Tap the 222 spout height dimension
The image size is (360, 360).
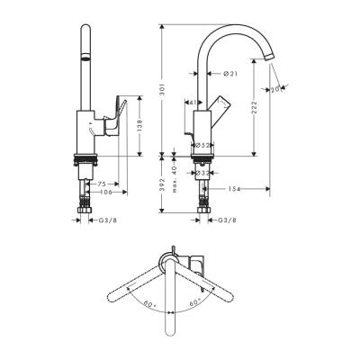coord(258,108)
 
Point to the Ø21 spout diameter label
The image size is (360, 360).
coord(229,74)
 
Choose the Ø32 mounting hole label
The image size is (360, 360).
coord(204,174)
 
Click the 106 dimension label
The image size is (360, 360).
coord(106,191)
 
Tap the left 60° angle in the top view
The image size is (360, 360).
coord(148,303)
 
